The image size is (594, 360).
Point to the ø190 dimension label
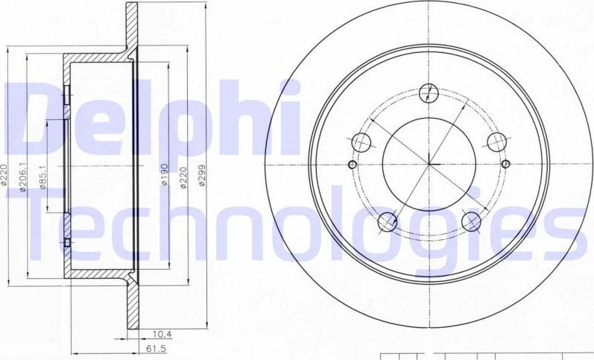pos(164,173)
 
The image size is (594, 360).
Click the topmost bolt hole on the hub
pos(428,93)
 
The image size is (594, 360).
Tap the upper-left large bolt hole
pos(361,142)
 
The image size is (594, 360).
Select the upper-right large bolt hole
pos(496,142)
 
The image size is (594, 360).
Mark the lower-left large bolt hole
pos(387,221)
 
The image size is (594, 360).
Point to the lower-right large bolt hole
pos(471,221)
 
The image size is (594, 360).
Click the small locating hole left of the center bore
pos(353,165)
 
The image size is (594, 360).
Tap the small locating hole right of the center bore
pos(505,165)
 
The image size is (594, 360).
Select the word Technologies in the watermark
pos(298,224)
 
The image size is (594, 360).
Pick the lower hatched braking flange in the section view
pos(132,306)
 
